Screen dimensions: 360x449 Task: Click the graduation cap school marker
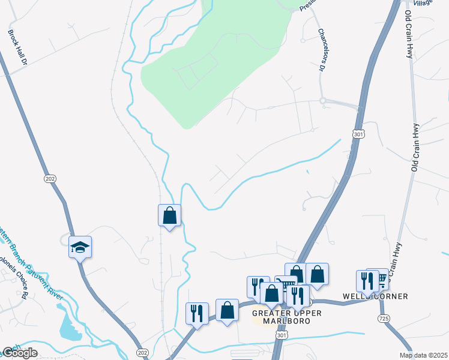tap(80, 247)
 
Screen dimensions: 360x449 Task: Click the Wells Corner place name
tap(375, 297)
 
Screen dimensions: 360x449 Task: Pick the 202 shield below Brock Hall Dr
tap(50, 178)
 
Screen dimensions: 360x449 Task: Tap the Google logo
tap(19, 353)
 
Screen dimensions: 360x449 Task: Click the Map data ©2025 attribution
tap(423, 355)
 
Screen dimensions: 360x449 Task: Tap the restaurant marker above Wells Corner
tap(367, 280)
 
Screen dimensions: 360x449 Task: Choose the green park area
tap(210, 66)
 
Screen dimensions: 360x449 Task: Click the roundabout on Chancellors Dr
tap(323, 101)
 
